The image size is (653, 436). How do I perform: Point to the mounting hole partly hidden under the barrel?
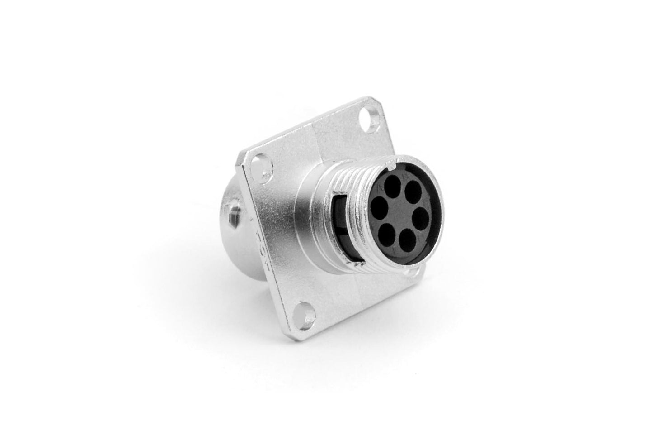pos(412,273)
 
